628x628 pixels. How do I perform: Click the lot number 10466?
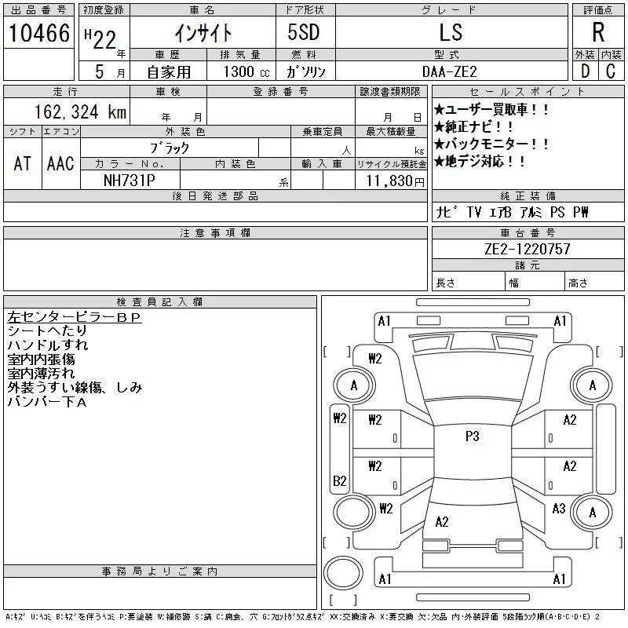39,32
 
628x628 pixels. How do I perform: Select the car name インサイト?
203,32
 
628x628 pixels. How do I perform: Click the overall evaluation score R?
598,32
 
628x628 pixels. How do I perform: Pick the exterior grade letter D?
585,71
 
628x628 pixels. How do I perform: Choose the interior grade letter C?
611,71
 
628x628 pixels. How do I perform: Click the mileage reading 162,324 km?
79,111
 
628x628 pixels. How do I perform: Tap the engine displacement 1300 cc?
239,71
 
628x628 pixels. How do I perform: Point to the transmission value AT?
22,163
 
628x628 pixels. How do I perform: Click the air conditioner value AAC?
60,163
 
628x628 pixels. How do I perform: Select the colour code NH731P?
130,180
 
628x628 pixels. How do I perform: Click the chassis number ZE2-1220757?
528,249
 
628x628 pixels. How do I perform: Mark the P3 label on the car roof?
472,436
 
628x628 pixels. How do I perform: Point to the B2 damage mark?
340,480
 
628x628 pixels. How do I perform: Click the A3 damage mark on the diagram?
559,509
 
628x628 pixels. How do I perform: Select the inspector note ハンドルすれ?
48,345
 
